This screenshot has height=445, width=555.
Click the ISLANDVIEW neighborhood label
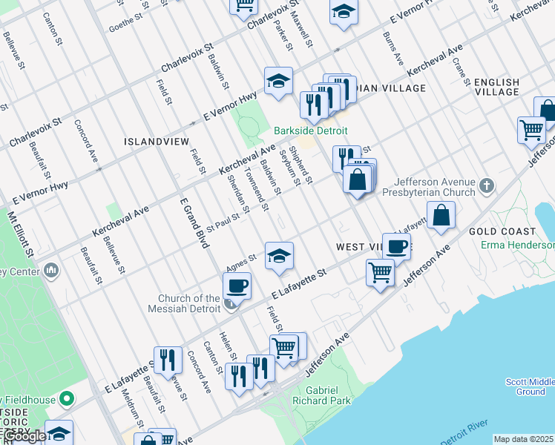157,141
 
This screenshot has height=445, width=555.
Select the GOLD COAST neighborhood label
502,231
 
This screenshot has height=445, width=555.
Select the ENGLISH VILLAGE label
496,86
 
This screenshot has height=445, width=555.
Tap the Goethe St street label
125,22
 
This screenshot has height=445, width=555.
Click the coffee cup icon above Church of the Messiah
237,286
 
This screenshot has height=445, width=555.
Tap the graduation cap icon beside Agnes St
278,257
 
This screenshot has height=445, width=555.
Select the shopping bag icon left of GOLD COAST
441,215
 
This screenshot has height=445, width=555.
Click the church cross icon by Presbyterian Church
486,185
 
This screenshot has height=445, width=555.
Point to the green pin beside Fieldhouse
67,400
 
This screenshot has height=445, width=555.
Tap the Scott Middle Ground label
530,386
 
